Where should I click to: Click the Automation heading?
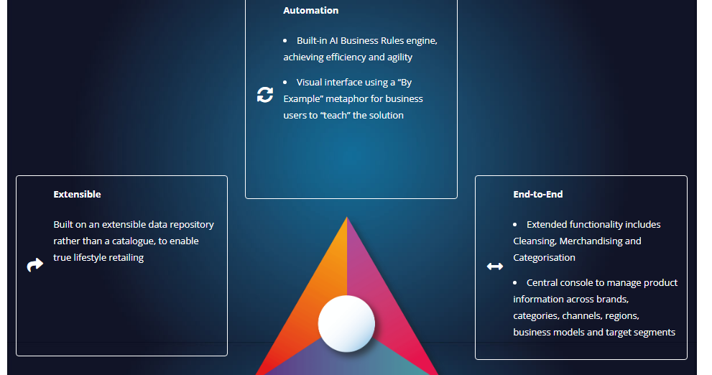310,11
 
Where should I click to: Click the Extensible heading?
77,195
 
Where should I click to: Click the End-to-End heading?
537,195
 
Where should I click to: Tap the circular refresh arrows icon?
265,95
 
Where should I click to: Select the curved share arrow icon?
34,266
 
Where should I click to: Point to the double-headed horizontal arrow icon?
495,267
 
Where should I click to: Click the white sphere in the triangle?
346,323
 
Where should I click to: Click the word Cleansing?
533,241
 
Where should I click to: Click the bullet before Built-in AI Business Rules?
285,41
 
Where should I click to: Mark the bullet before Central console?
515,283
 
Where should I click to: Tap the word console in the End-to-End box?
581,283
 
